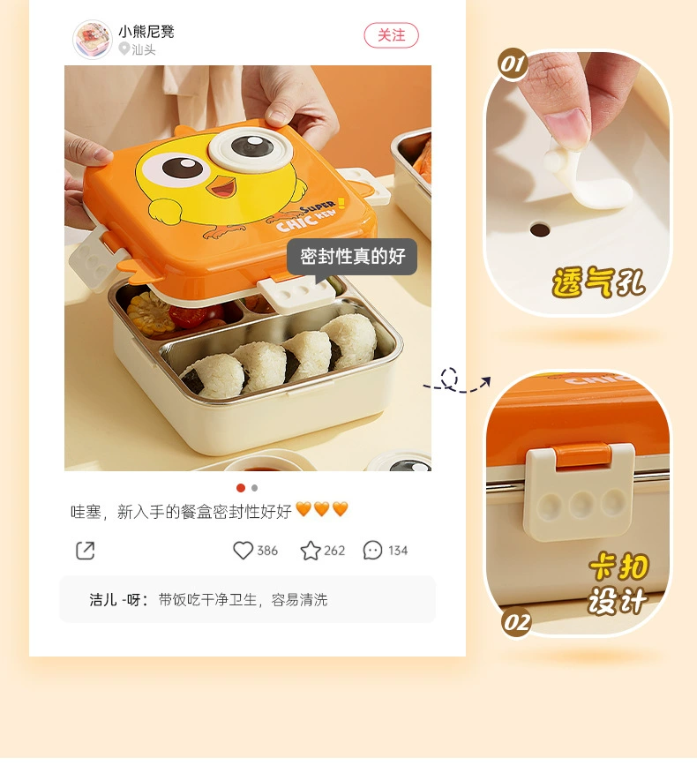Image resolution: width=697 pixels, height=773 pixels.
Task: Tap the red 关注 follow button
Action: (x=391, y=35)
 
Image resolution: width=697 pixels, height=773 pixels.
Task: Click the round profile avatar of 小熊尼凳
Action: (x=93, y=40)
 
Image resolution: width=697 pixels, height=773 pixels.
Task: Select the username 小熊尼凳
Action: (x=146, y=32)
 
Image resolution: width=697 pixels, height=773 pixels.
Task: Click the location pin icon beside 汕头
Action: (x=124, y=49)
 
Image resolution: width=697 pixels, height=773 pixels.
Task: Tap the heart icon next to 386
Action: (x=243, y=550)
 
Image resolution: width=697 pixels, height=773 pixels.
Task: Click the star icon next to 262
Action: (x=311, y=551)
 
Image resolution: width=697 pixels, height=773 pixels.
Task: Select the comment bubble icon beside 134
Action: (x=372, y=550)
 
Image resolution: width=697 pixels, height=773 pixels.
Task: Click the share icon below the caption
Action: (x=86, y=550)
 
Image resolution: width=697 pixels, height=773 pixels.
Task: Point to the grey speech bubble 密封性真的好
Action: (x=352, y=257)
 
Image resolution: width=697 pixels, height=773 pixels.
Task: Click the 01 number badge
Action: (x=513, y=64)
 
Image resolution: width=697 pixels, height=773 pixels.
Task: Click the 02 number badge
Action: (x=516, y=623)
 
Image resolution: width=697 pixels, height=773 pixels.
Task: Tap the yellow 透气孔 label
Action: (x=598, y=282)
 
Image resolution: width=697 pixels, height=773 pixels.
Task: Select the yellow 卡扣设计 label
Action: (x=618, y=583)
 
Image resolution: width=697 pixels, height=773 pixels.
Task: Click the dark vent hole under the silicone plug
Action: (x=540, y=229)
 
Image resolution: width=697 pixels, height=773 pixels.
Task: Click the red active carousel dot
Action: (x=241, y=488)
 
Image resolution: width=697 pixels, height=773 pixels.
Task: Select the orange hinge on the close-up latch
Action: (x=582, y=455)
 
